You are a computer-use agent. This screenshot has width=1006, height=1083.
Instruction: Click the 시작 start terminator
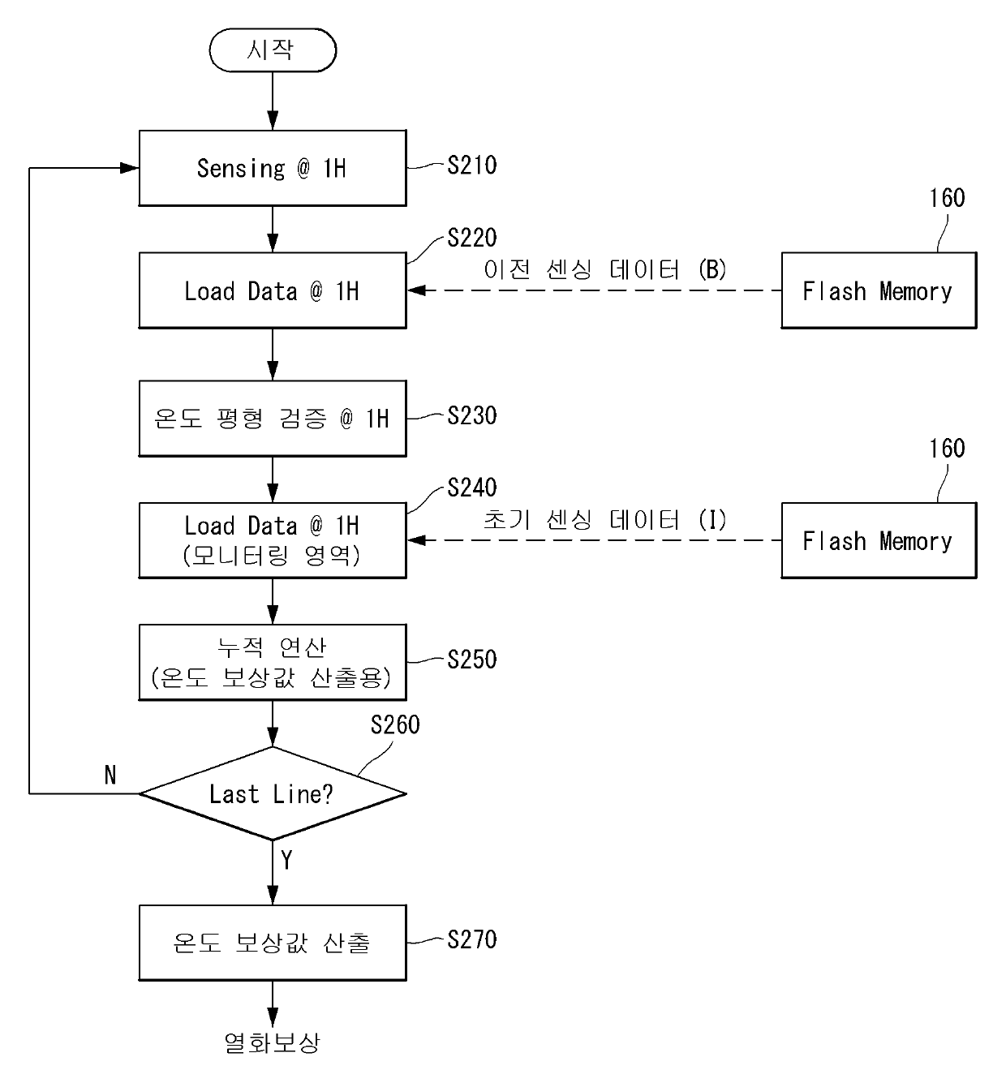272,50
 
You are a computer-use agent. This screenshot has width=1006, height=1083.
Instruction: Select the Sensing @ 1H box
272,168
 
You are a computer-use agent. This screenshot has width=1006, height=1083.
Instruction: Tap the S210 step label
471,165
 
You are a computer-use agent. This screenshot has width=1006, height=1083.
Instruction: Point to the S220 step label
471,238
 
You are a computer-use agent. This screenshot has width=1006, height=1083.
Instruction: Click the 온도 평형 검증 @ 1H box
272,419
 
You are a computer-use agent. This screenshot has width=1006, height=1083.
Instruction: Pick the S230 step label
471,415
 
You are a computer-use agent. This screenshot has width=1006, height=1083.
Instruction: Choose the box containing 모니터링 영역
272,540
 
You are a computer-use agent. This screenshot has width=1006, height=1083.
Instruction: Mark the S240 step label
471,488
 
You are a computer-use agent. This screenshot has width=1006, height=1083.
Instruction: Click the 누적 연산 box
272,662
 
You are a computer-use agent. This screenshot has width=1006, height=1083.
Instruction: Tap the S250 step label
471,660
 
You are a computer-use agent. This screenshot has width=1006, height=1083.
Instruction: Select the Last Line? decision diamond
272,793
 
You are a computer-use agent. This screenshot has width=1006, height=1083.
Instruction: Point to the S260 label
395,724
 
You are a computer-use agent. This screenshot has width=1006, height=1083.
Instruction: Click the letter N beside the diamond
110,776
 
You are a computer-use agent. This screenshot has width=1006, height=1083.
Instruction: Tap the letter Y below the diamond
286,860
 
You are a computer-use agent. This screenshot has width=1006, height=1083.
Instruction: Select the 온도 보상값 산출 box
272,943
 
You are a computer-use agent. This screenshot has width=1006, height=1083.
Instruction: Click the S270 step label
471,939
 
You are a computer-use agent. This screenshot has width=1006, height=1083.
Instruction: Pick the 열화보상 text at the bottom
272,1042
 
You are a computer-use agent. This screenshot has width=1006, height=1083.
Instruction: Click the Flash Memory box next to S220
878,290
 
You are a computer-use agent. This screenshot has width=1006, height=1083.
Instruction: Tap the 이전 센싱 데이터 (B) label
604,269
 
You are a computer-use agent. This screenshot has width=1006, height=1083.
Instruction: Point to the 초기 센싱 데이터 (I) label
604,519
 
